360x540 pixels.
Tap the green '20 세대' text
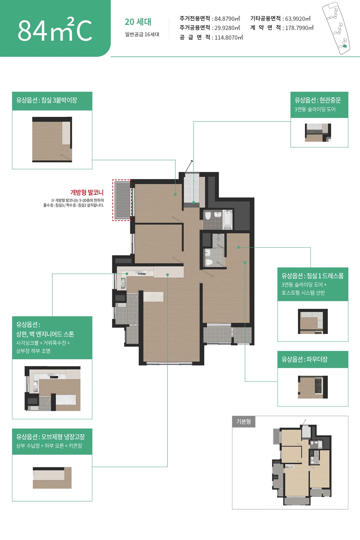(x=138, y=22)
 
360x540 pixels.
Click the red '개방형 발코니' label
(x=87, y=192)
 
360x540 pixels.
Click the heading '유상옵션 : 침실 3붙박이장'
(x=47, y=100)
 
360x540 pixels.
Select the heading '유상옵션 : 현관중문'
(x=318, y=100)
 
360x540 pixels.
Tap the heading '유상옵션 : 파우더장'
(x=305, y=359)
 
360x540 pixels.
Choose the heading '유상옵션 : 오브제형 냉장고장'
(x=50, y=437)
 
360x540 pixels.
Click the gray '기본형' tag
(x=244, y=422)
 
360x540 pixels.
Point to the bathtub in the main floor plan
(x=227, y=220)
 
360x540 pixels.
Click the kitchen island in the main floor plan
(x=153, y=297)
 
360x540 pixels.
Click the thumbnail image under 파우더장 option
(x=313, y=387)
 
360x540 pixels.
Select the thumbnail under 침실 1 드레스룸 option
(x=313, y=321)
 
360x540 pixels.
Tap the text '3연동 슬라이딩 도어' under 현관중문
(x=315, y=109)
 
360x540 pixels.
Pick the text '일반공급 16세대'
(x=142, y=35)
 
